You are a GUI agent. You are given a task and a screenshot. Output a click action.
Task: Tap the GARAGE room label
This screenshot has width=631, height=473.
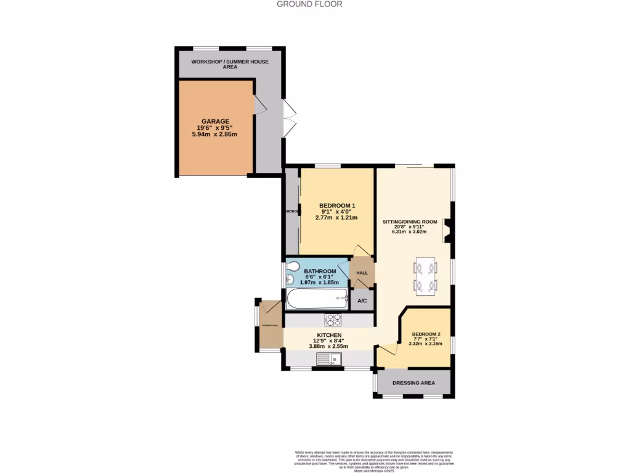[215, 121]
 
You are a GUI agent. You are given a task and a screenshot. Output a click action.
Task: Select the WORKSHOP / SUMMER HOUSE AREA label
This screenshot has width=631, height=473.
[230, 64]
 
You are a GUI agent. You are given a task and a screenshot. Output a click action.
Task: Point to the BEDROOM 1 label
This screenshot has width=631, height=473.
[336, 206]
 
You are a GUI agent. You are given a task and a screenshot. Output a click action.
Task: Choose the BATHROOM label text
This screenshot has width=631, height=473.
[320, 272]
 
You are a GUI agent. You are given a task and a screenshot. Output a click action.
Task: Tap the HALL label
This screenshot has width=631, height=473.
[362, 273]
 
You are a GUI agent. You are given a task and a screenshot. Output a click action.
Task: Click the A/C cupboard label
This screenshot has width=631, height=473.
[362, 301]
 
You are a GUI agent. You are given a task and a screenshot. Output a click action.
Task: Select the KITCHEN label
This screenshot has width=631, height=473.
[329, 335]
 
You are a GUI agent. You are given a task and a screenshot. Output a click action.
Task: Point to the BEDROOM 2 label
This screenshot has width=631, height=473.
[426, 334]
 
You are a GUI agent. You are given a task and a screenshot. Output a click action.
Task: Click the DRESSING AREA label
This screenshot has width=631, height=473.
[413, 382]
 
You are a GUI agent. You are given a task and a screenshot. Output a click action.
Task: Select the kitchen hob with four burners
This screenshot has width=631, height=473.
[333, 320]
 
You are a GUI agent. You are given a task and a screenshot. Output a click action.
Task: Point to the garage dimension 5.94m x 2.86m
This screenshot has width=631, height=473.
[215, 134]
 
